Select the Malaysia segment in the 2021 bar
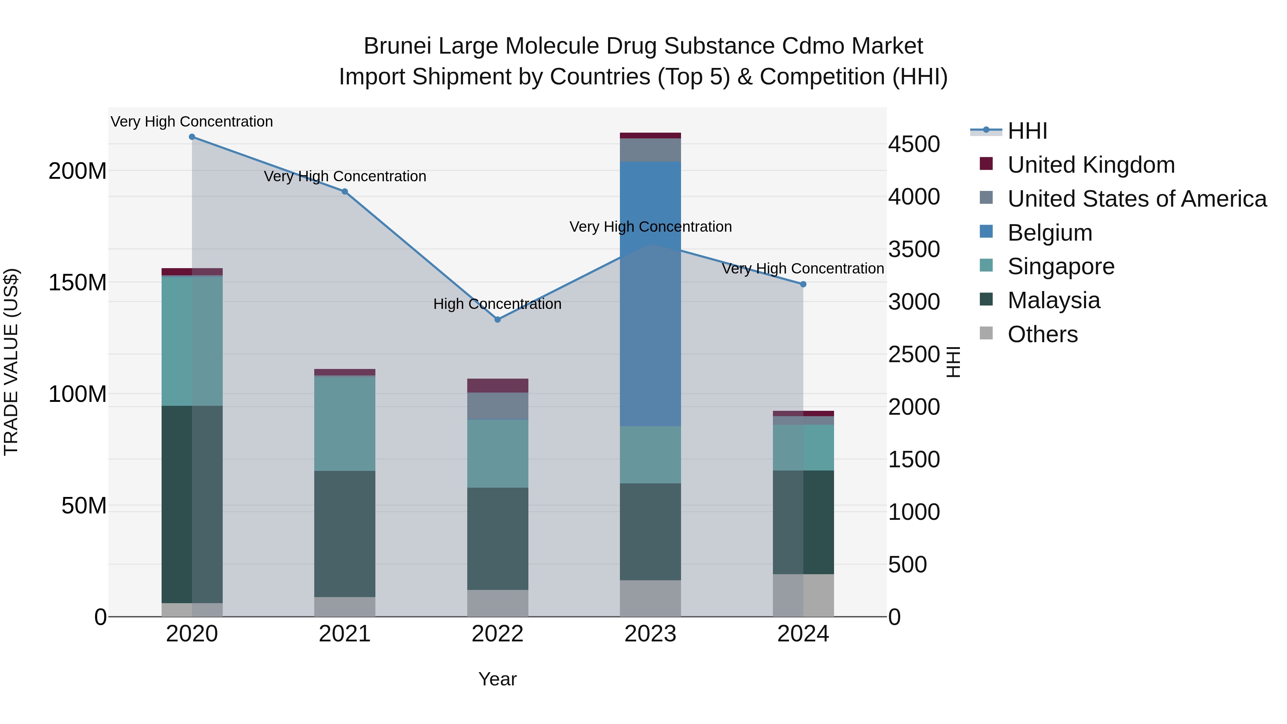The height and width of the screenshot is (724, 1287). click(345, 534)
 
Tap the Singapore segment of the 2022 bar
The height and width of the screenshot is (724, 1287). click(498, 453)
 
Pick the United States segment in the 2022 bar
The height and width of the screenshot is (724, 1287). click(498, 406)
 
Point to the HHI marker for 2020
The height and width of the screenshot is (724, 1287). click(192, 137)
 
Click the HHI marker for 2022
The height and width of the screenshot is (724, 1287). click(498, 319)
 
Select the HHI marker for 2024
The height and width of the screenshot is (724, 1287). click(803, 284)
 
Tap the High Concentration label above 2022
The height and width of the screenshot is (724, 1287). click(497, 304)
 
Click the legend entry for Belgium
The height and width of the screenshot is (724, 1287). click(1049, 233)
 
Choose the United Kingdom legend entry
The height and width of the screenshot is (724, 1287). click(1091, 165)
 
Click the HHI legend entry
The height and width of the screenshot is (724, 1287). click(1027, 131)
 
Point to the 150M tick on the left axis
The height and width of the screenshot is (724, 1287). click(78, 283)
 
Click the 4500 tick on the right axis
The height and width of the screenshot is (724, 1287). click(914, 144)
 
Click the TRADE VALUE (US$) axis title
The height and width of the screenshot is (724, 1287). click(11, 362)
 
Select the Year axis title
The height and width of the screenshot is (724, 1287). click(497, 679)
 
